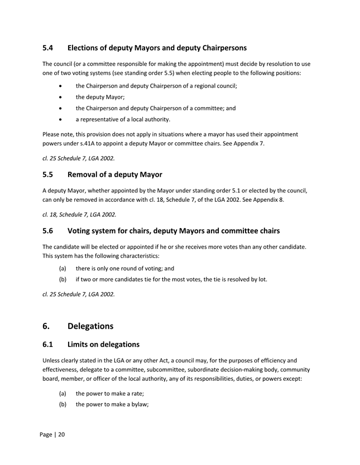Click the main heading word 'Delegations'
click(90, 326)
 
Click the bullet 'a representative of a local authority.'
click(123, 119)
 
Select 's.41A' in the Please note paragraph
click(81, 143)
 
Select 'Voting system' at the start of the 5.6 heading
click(94, 230)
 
